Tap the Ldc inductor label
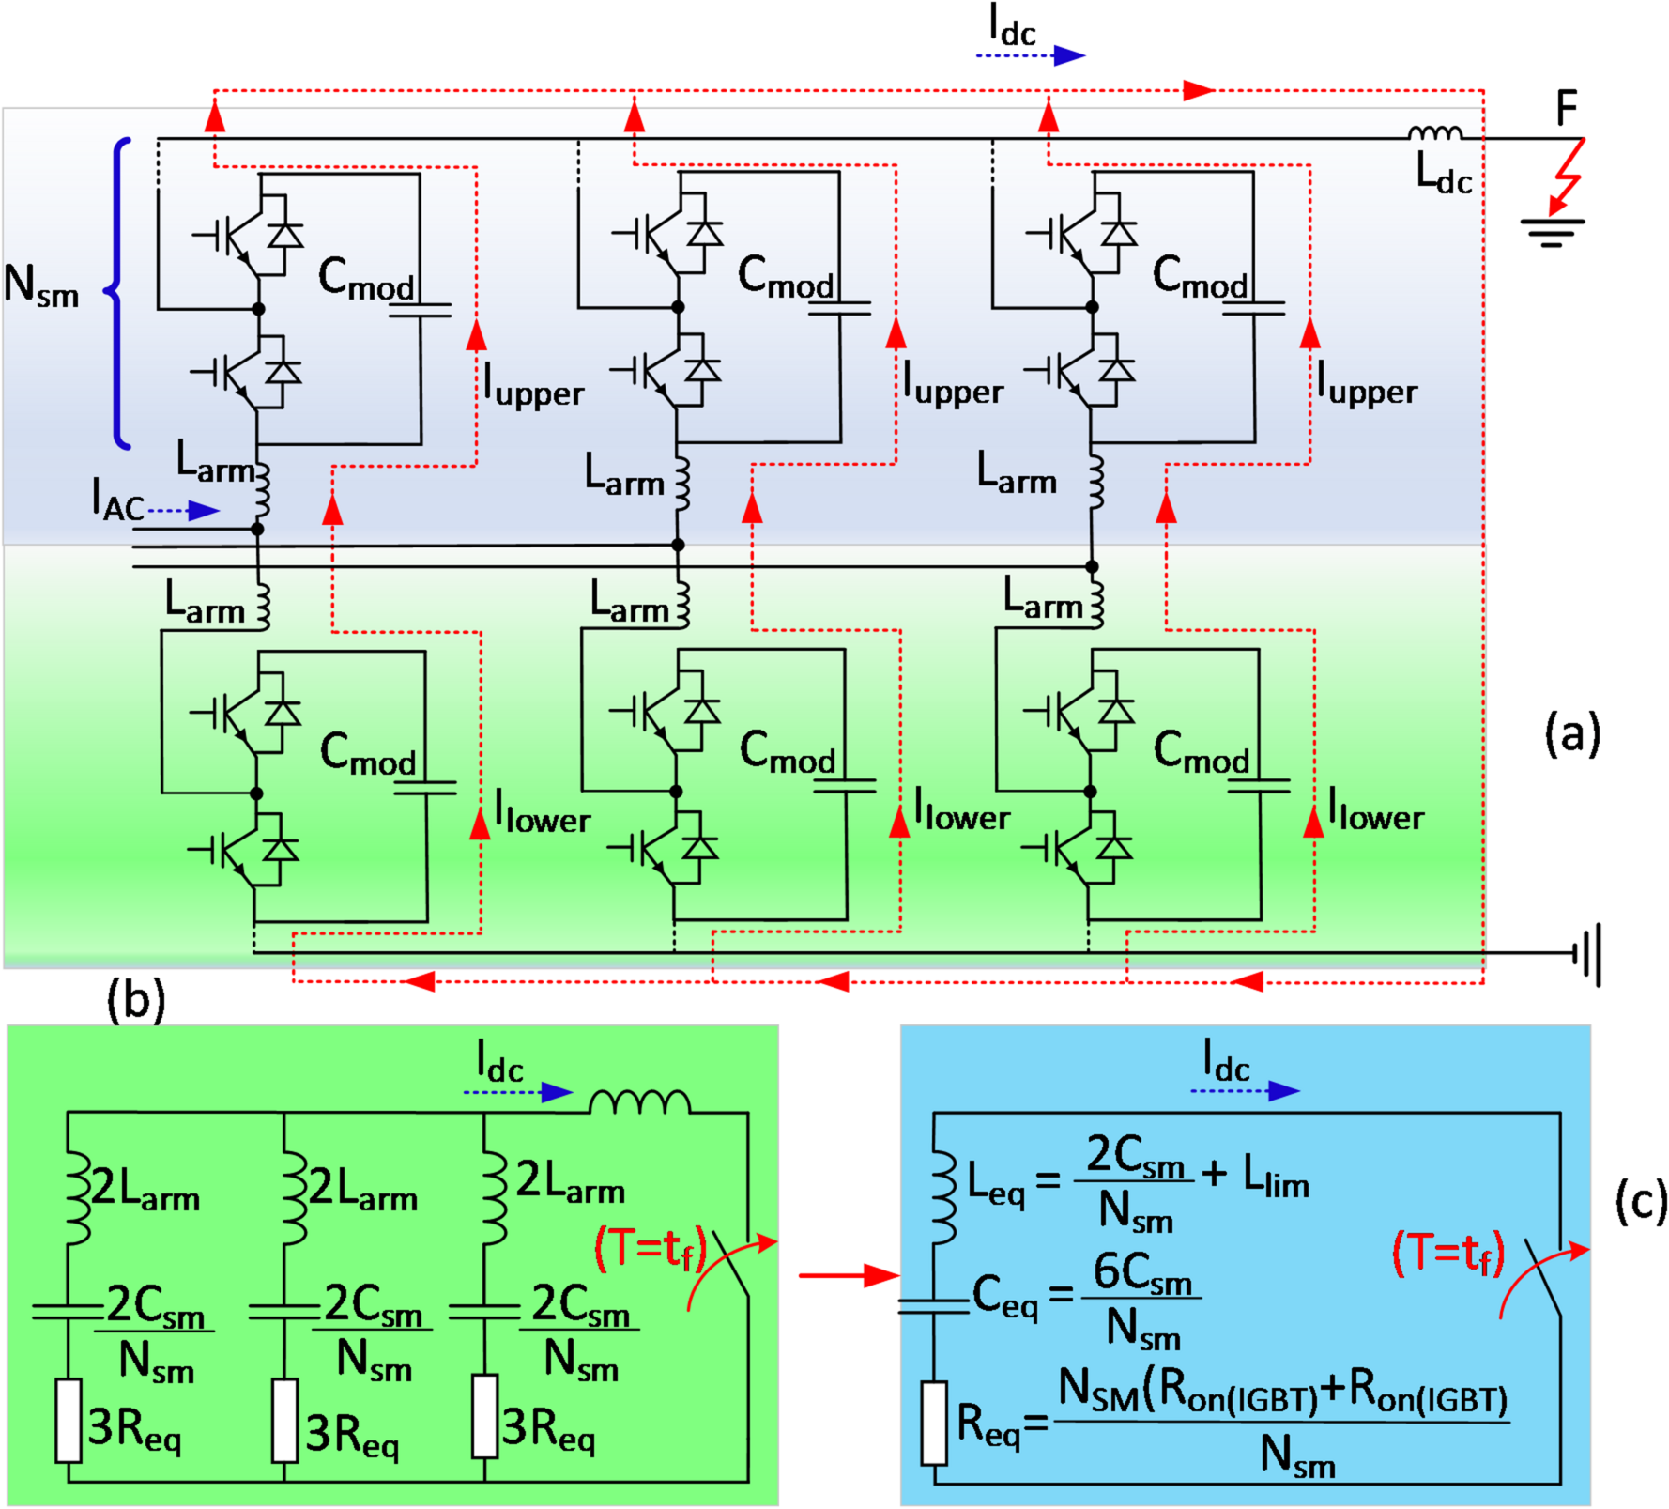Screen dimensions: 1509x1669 pyautogui.click(x=1443, y=175)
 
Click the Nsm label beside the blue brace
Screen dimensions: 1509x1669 pyautogui.click(x=41, y=286)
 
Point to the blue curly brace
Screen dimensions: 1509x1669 pyautogui.click(x=118, y=292)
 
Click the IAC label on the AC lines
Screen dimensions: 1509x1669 pyautogui.click(x=117, y=500)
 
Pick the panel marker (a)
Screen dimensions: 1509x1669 pyautogui.click(x=1572, y=733)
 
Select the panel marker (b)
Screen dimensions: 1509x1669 pyautogui.click(x=136, y=999)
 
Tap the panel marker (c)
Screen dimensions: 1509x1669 pyautogui.click(x=1641, y=1201)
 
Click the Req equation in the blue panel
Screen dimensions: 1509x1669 pyautogui.click(x=1230, y=1423)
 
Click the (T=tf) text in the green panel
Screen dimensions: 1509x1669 pyautogui.click(x=650, y=1249)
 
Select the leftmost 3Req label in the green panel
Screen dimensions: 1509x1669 pyautogui.click(x=134, y=1429)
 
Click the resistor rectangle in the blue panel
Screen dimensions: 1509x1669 pyautogui.click(x=934, y=1423)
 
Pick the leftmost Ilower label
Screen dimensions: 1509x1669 pyautogui.click(x=543, y=812)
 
